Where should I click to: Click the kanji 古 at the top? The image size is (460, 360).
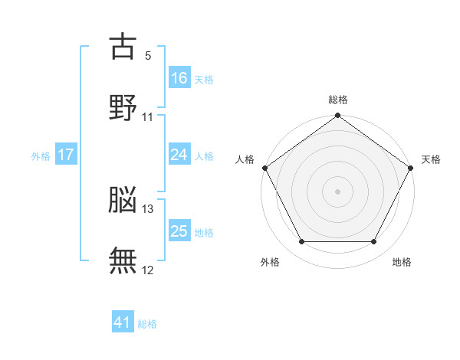coord(123,46)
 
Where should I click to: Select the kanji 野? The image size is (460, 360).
coord(123,107)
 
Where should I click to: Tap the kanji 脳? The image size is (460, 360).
coord(123,199)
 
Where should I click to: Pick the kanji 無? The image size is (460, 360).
coord(123,260)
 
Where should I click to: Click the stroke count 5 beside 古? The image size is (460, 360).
coord(148,56)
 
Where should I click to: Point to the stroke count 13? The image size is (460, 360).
coord(147,209)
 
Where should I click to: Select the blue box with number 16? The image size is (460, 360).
coord(179,77)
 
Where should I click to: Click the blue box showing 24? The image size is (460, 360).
coord(179,154)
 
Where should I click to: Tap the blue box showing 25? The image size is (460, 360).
coord(179,230)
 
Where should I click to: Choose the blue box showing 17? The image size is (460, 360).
coord(66,154)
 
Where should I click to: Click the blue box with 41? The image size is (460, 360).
coord(123,321)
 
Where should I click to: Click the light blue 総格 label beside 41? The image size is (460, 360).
coord(147,324)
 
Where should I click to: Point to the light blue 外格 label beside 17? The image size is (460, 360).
coord(41,156)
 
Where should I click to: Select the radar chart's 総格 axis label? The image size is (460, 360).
coord(338,100)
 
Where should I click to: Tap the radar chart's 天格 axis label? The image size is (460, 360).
coord(431,159)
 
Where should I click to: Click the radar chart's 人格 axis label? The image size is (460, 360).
coord(245,159)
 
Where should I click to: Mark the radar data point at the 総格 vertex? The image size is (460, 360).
coord(337,115)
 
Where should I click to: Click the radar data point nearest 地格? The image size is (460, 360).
coord(374,241)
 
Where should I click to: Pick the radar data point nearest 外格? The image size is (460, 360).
coord(302,241)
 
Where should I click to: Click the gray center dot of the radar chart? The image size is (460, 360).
coord(337,191)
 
